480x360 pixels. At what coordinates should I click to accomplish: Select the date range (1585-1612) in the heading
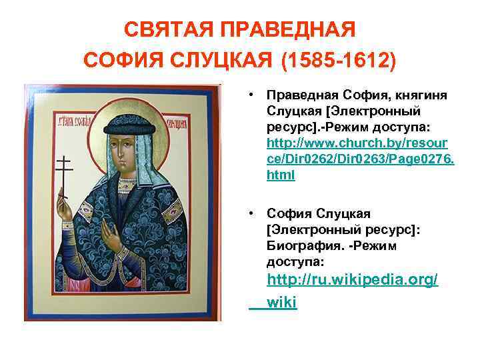(x=339, y=62)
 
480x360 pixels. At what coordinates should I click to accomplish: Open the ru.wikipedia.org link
(x=352, y=281)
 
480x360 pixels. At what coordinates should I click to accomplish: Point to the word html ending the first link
(x=281, y=176)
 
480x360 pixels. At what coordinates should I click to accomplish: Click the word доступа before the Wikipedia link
(x=293, y=261)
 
